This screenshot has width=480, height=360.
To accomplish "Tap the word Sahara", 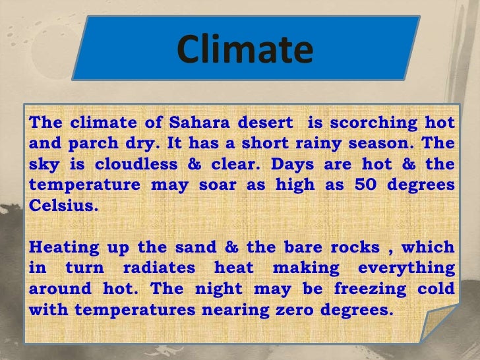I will pyautogui.click(x=196, y=123).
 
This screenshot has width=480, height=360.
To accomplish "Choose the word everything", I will pyautogui.click(x=407, y=268).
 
